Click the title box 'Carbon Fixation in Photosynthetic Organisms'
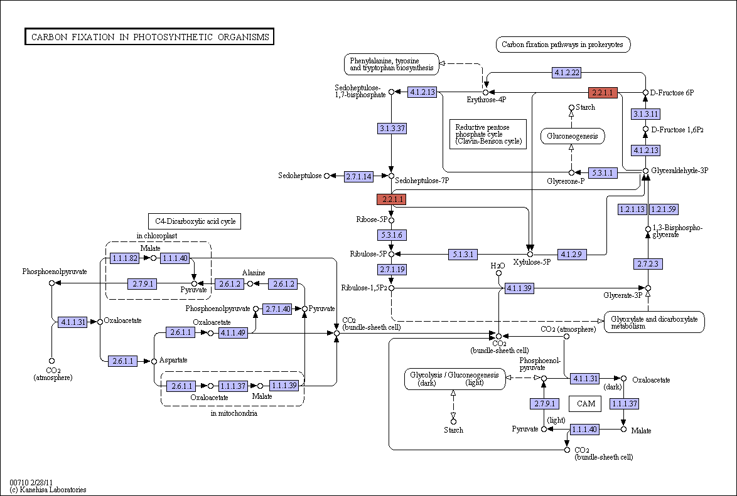149,36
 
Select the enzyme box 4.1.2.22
566,72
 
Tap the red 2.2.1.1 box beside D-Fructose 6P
603,93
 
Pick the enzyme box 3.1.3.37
392,128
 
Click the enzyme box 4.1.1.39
519,288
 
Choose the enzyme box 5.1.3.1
463,255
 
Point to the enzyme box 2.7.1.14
358,177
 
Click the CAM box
585,403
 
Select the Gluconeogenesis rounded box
572,136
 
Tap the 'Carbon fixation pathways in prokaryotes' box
562,45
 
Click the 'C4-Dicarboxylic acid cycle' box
195,221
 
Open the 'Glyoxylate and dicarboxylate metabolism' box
654,322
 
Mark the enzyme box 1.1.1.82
124,258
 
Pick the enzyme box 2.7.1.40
277,309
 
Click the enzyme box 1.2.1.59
664,209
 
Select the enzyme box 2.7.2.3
648,264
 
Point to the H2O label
498,266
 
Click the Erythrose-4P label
487,100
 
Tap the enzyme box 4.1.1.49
233,333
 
